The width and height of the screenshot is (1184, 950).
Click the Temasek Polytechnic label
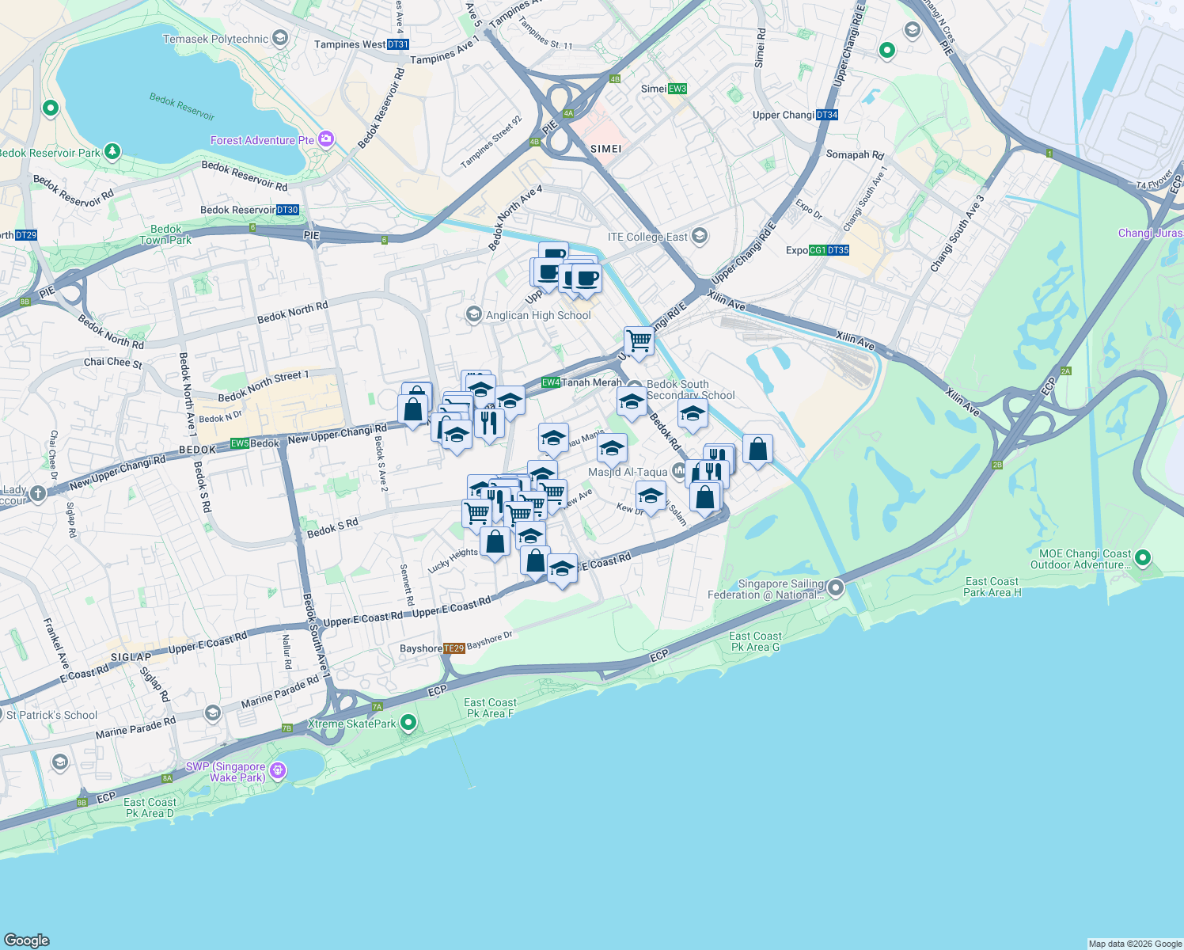point(215,39)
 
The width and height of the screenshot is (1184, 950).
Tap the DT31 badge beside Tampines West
point(398,44)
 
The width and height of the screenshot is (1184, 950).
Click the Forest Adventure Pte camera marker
point(326,139)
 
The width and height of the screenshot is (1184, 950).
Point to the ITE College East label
point(647,237)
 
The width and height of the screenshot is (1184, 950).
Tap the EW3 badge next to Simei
point(677,89)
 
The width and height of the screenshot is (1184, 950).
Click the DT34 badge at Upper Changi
point(826,115)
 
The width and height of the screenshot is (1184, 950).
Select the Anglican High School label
point(538,315)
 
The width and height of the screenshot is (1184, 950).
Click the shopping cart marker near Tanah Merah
point(639,342)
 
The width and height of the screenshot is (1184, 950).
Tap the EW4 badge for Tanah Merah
point(551,382)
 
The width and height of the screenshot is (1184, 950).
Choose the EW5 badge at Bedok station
point(240,443)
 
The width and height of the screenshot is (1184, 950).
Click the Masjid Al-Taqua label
point(628,472)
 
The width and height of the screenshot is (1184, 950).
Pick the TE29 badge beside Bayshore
point(453,648)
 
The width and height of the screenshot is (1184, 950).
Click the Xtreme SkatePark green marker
point(408,722)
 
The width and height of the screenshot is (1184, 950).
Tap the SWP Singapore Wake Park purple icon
point(277,769)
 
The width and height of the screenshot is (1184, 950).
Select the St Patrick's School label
point(52,715)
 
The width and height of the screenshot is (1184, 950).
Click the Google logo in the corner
point(26,940)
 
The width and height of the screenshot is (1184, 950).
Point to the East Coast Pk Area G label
point(755,641)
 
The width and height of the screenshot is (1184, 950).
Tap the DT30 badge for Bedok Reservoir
point(287,210)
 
